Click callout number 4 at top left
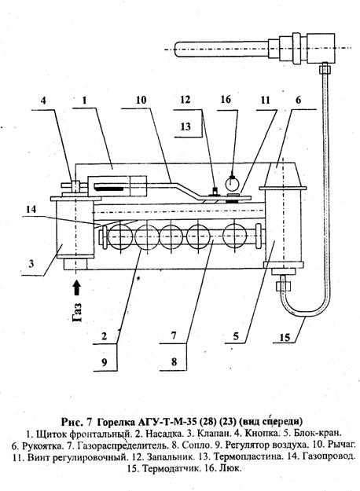[x=43, y=101]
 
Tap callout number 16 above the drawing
[x=226, y=100]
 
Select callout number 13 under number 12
[x=186, y=126]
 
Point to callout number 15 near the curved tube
[x=285, y=337]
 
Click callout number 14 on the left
[x=31, y=209]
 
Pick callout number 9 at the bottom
[x=105, y=362]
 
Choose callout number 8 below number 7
[x=174, y=362]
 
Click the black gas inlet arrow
[x=77, y=288]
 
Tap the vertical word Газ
[x=77, y=312]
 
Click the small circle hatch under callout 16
[x=232, y=184]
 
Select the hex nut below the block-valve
[x=284, y=286]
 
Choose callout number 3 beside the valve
[x=31, y=264]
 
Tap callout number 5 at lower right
[x=236, y=336]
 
